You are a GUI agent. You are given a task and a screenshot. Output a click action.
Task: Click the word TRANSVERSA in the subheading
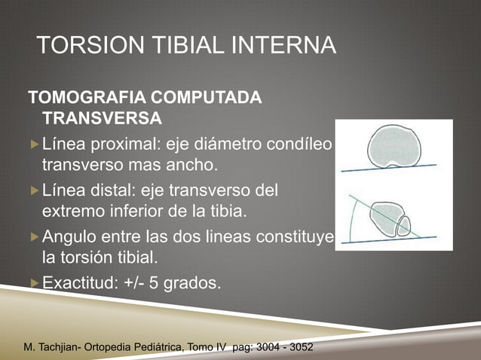101,119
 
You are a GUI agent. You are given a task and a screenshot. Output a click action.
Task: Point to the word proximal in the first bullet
123,142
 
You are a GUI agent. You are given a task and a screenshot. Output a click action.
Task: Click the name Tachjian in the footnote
66,348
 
